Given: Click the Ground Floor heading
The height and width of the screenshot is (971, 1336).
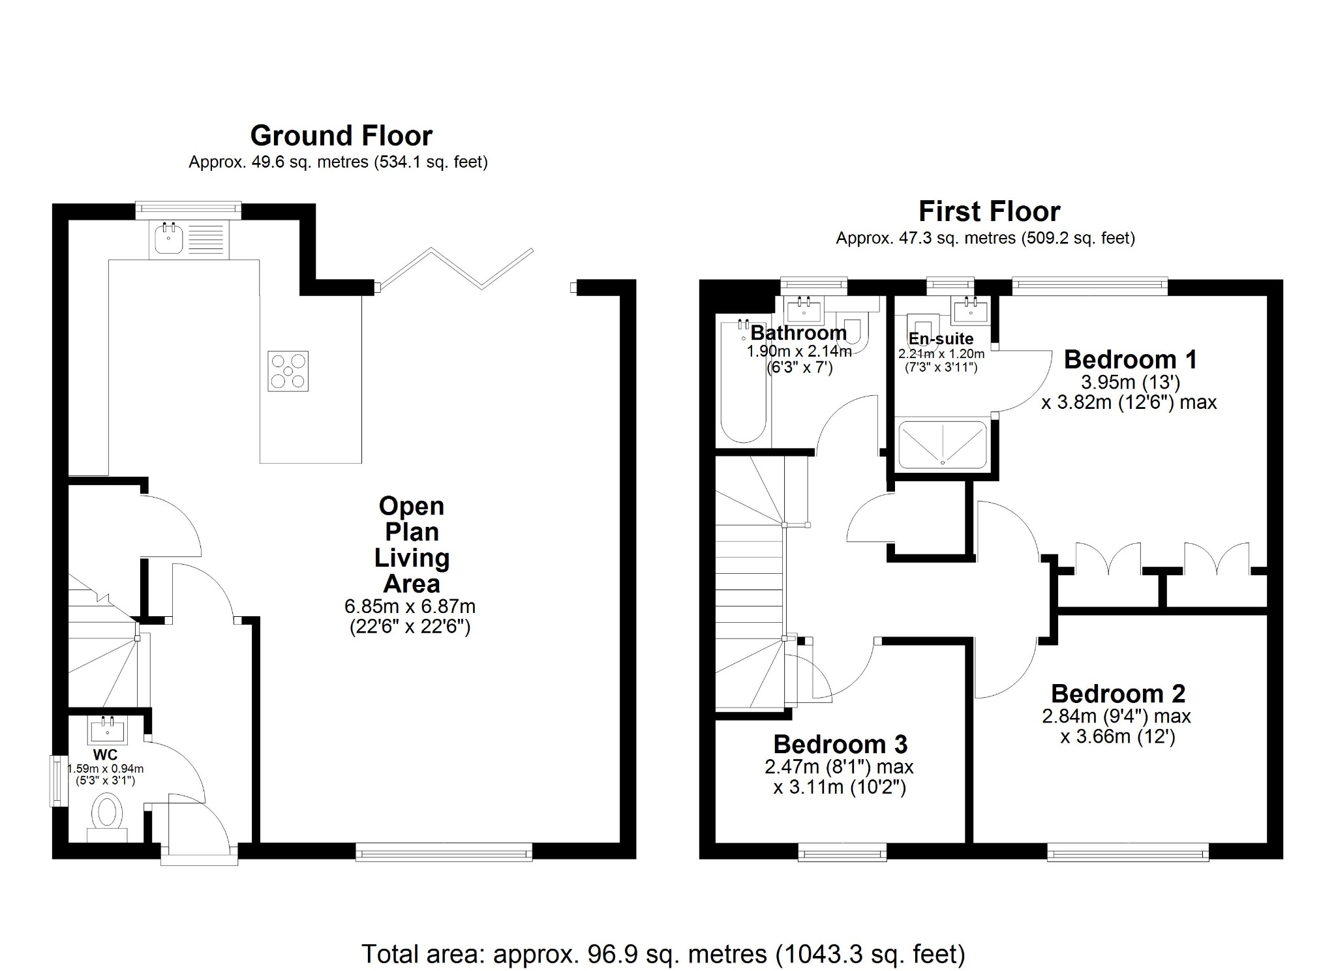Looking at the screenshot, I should pyautogui.click(x=341, y=136).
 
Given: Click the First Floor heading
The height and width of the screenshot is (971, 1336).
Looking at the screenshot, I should pyautogui.click(x=989, y=212).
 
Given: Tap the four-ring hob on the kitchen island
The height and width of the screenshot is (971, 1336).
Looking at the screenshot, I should pyautogui.click(x=288, y=371).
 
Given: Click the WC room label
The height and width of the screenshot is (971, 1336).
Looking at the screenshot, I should pyautogui.click(x=106, y=755).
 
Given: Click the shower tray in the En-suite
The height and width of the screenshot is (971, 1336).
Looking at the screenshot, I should pyautogui.click(x=943, y=443).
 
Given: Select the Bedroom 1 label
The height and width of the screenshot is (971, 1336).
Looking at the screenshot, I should pyautogui.click(x=1130, y=359).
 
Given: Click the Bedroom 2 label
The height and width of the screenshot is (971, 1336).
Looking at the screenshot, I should pyautogui.click(x=1117, y=693).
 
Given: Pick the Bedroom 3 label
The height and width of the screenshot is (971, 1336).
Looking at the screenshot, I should pyautogui.click(x=840, y=744).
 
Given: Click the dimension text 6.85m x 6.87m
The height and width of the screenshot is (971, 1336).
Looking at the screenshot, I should pyautogui.click(x=410, y=606).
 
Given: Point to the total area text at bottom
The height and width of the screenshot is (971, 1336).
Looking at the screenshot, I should pyautogui.click(x=663, y=954).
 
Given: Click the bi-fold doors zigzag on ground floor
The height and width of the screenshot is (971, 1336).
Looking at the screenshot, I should pyautogui.click(x=457, y=268).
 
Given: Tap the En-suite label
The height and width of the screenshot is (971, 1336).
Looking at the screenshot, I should pyautogui.click(x=941, y=338).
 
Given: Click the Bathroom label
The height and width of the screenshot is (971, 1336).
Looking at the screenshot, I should pyautogui.click(x=798, y=333).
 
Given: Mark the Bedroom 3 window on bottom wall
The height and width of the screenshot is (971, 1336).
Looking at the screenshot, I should pyautogui.click(x=842, y=852).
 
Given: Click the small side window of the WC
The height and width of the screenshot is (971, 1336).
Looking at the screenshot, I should pyautogui.click(x=59, y=780).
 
